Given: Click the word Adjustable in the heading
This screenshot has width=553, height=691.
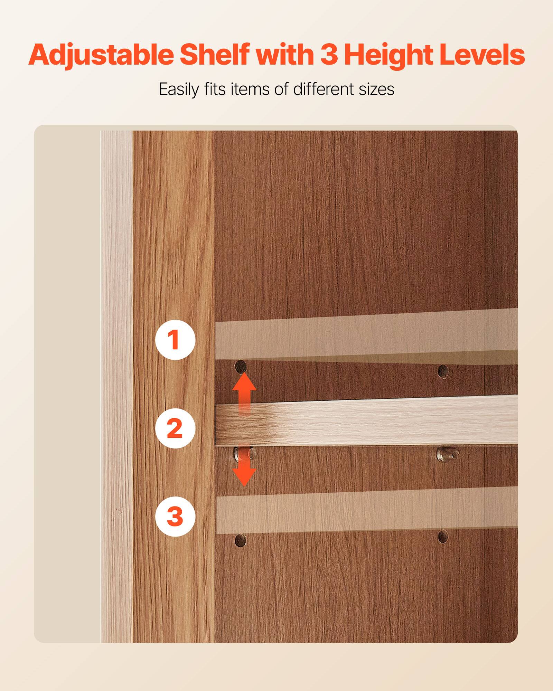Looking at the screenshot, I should coord(101,55).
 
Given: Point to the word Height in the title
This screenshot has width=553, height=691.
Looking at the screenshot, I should coord(388,55).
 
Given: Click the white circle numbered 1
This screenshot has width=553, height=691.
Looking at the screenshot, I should coord(175,340).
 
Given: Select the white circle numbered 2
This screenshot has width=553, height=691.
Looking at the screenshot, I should coord(175,428).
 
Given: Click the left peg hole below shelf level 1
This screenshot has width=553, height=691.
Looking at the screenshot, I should coord(241,367).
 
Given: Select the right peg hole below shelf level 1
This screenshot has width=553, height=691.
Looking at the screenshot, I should coord(443,371).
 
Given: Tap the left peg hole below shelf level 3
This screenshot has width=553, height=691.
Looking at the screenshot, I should coord(241,540).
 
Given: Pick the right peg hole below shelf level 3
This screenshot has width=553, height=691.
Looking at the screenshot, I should coord(443,537).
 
